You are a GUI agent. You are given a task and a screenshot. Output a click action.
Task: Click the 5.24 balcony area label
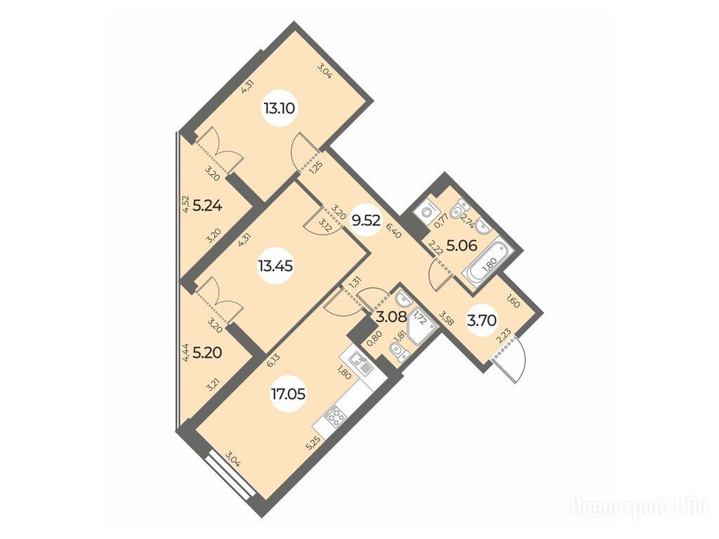click(x=207, y=206)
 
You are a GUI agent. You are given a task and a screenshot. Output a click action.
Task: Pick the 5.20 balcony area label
click(x=207, y=352)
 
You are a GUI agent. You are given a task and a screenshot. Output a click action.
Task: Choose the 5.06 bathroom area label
click(x=462, y=246)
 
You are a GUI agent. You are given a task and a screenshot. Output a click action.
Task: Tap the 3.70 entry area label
click(x=482, y=321)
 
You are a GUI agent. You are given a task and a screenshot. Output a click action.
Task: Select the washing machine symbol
click(x=425, y=212)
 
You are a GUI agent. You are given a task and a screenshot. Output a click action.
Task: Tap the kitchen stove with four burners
click(x=337, y=418)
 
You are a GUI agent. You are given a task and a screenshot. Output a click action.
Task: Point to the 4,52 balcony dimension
click(x=185, y=204)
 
